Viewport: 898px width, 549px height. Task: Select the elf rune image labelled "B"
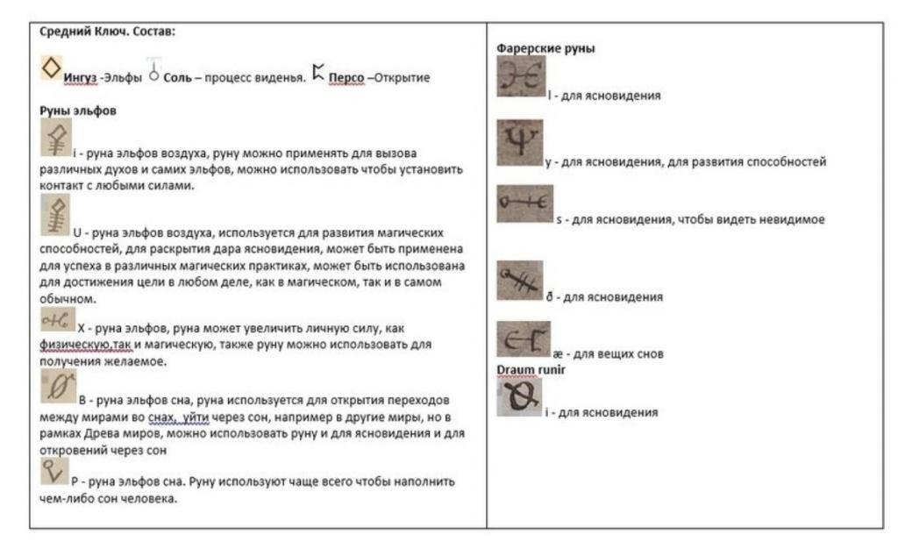(x=59, y=385)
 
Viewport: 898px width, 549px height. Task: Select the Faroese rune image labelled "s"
(x=524, y=203)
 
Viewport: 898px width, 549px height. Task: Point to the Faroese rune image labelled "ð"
(x=519, y=281)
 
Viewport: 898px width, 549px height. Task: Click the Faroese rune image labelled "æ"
(x=523, y=339)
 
